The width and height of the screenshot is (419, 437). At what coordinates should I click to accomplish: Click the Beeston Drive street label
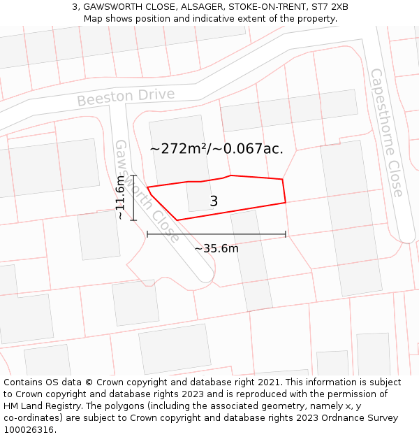(x=126, y=96)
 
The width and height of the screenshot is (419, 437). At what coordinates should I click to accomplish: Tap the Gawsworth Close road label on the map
(x=147, y=190)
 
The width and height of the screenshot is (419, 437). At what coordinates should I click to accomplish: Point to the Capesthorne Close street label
(x=386, y=132)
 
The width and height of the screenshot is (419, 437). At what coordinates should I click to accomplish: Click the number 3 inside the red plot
(x=214, y=201)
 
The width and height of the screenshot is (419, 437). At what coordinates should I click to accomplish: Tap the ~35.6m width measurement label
(x=216, y=248)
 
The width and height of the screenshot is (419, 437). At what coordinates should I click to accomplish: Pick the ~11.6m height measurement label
(x=120, y=198)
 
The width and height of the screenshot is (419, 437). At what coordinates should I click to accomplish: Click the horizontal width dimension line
(x=216, y=234)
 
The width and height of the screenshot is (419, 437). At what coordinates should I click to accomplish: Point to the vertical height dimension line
(x=133, y=198)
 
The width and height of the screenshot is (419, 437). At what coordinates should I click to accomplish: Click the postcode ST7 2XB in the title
(x=330, y=7)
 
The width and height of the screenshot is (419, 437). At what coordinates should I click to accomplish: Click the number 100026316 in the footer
(x=30, y=429)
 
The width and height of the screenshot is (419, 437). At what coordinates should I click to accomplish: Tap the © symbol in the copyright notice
(x=89, y=382)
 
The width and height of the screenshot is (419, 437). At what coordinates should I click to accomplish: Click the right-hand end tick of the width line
(x=286, y=234)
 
